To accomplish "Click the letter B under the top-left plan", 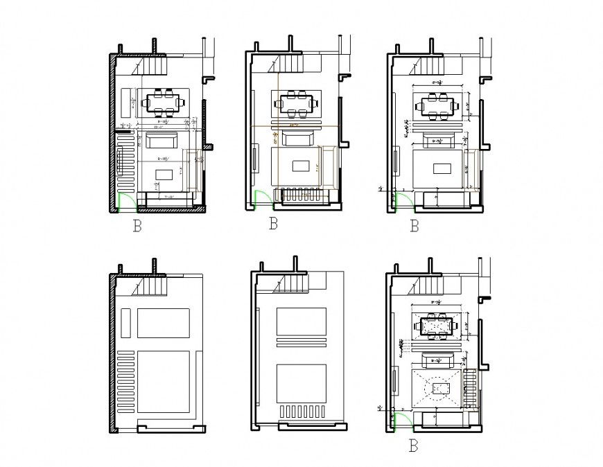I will [137, 227].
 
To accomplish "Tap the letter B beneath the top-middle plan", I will [273, 224].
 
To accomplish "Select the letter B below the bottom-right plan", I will [414, 446].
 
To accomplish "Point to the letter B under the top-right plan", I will [414, 226].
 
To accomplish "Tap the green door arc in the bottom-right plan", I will [400, 421].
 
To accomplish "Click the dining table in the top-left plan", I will [164, 103].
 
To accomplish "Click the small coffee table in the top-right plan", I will [442, 167].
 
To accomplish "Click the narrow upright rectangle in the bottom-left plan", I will [126, 323].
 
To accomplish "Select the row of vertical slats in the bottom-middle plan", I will [303, 412].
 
